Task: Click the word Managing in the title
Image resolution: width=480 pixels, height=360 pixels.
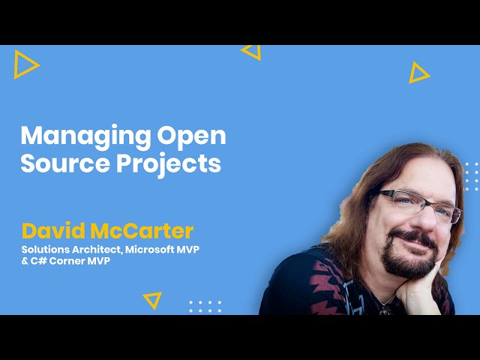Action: [x=85, y=136]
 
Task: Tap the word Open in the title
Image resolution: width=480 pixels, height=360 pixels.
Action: [x=192, y=136]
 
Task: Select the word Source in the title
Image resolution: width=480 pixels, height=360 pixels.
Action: [x=65, y=163]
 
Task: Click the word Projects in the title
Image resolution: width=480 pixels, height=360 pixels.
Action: [x=169, y=165]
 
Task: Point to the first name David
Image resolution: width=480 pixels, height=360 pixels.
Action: [x=53, y=231]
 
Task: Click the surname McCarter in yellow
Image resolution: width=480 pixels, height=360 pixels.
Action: [x=142, y=231]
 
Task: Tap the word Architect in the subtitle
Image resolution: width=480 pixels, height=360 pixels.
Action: [x=97, y=250]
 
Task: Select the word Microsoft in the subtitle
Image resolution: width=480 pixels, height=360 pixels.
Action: [x=150, y=250]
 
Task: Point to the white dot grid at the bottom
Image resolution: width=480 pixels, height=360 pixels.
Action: [x=205, y=307]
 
